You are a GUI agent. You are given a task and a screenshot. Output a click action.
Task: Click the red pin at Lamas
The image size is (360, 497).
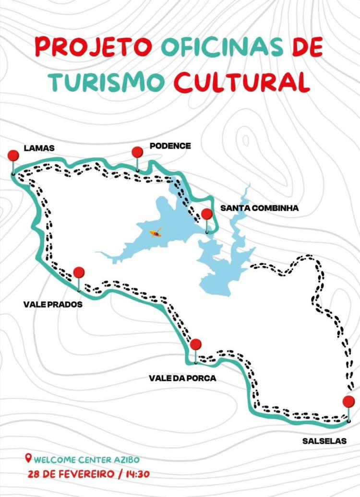tap(13, 156)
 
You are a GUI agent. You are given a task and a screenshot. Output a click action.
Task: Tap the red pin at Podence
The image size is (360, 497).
tap(138, 152)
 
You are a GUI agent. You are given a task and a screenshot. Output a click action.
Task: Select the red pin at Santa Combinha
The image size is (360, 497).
tap(207, 214)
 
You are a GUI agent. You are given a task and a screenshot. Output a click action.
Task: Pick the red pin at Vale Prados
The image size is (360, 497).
tap(79, 272)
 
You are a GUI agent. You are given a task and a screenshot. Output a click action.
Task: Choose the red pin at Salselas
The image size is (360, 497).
tap(349, 402)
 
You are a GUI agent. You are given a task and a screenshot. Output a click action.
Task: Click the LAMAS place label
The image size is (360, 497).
tap(39, 148)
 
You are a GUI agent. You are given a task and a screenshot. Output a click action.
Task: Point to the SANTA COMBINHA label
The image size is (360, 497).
tap(259, 208)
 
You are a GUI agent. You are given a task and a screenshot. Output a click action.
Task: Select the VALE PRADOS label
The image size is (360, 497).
tap(53, 305)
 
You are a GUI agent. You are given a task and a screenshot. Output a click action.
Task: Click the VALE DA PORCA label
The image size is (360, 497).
tap(182, 378)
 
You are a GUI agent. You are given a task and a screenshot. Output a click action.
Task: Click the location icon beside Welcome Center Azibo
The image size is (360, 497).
tap(28, 459)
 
